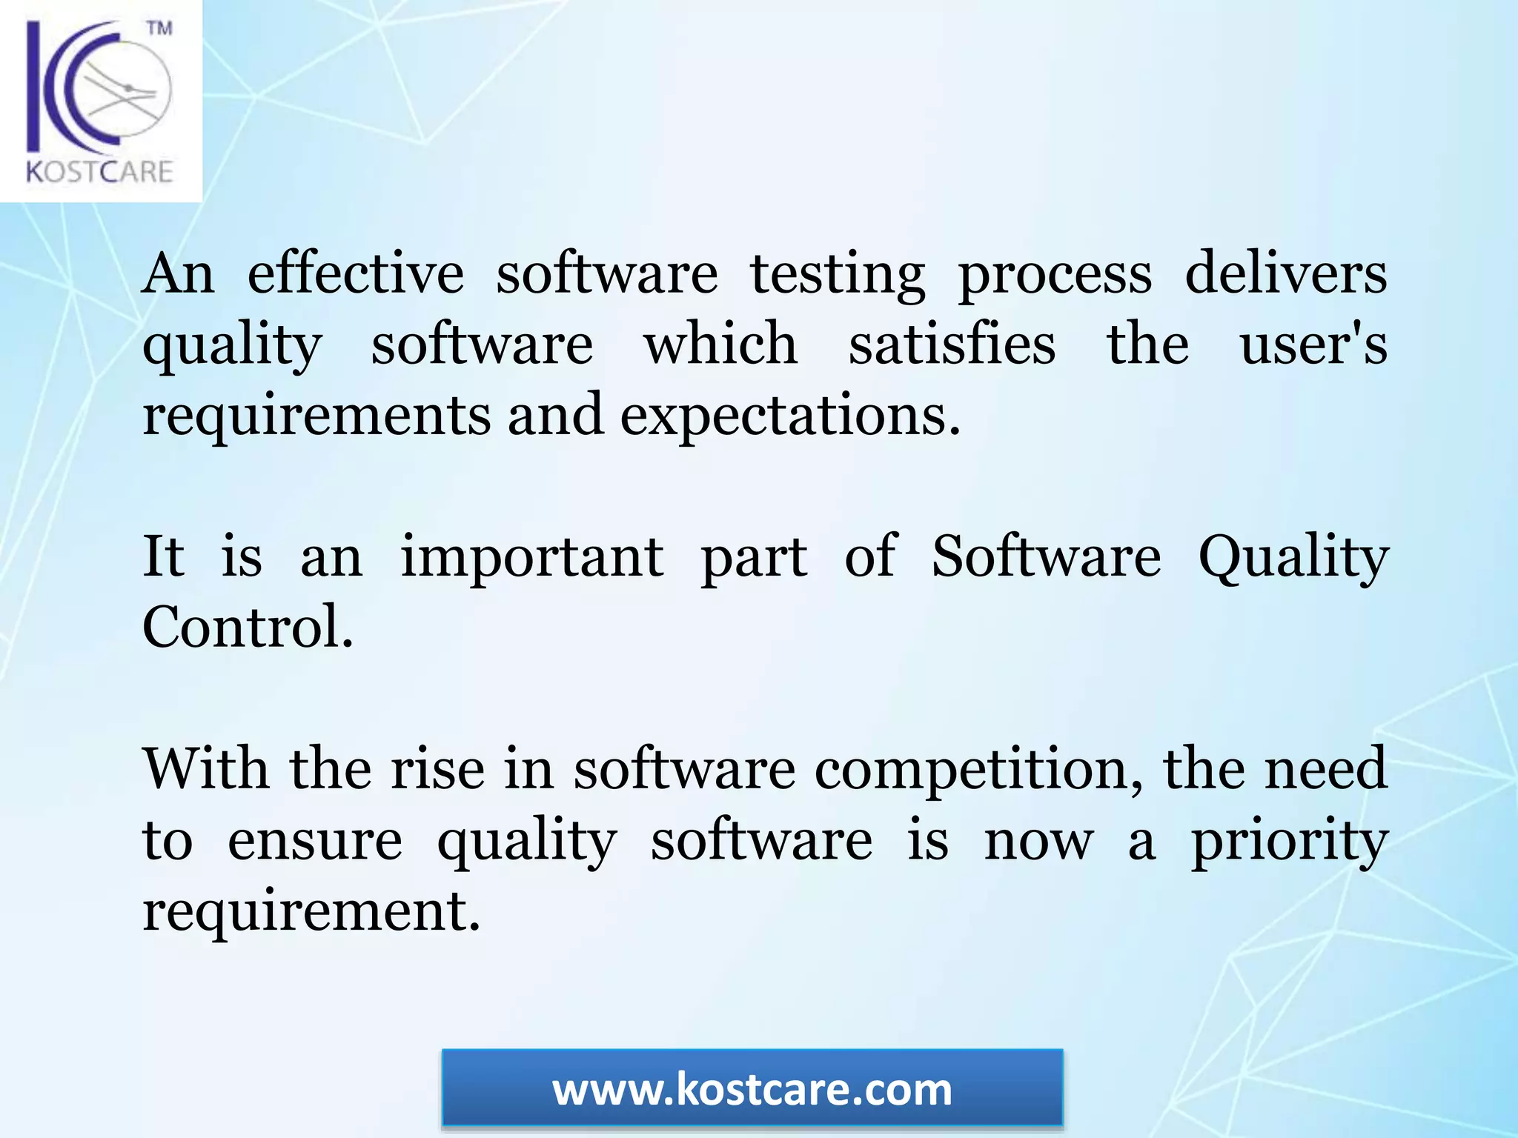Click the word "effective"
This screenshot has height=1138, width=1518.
click(355, 274)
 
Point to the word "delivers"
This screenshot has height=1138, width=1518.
click(1285, 273)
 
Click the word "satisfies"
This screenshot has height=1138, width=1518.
click(952, 345)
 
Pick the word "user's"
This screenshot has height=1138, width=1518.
click(1313, 345)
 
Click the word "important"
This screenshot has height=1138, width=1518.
click(531, 556)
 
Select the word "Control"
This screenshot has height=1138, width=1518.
click(247, 628)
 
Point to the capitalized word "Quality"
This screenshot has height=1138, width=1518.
click(1293, 558)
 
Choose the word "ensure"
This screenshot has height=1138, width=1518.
click(314, 841)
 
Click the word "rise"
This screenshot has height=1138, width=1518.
click(437, 769)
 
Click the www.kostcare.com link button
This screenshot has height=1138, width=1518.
click(752, 1090)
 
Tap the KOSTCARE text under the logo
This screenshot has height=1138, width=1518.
click(100, 172)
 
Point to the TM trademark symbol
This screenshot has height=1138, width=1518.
click(159, 29)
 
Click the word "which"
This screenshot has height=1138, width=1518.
click(720, 345)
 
